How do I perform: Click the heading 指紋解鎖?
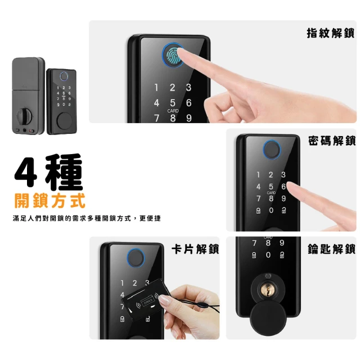coord(330,33)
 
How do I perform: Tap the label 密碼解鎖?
coord(332,141)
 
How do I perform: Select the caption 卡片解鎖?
coord(195,249)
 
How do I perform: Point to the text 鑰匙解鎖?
coord(331,249)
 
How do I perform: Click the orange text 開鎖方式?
coord(50,201)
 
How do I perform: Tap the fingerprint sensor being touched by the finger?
coord(173,55)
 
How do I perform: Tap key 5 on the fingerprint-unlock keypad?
coord(173,102)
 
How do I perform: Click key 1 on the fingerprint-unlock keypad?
coord(156,88)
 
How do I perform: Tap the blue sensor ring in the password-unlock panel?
coord(272,150)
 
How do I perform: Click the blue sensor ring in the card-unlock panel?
coord(136,258)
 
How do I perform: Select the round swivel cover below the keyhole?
coord(268,318)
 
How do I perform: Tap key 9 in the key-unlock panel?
coord(282,242)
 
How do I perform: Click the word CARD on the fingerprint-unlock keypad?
coord(173,111)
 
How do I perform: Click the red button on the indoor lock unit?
coord(31,131)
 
